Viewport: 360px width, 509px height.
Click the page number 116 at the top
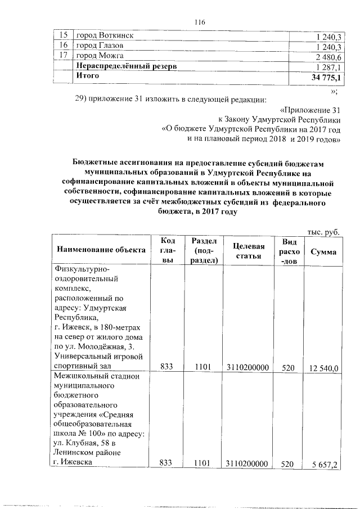tap(197, 22)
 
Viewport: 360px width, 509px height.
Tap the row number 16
tap(64, 45)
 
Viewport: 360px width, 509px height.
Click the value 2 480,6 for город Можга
tap(330, 56)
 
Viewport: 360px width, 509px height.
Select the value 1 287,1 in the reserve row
tap(330, 66)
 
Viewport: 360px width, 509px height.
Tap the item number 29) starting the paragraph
tap(83, 100)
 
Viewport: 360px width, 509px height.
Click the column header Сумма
tap(323, 251)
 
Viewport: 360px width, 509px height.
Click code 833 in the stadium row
tap(167, 464)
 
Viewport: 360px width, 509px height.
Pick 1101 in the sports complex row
tap(202, 367)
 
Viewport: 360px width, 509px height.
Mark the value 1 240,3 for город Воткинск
tap(330, 36)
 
